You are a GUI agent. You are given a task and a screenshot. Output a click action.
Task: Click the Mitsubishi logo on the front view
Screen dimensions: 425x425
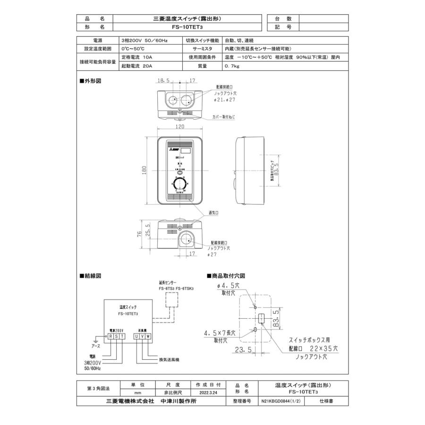point(170,148)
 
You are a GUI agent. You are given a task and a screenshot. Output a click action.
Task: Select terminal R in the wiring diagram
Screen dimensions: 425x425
point(110,336)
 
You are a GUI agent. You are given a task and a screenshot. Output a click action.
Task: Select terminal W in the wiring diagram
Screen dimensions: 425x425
point(148,336)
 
